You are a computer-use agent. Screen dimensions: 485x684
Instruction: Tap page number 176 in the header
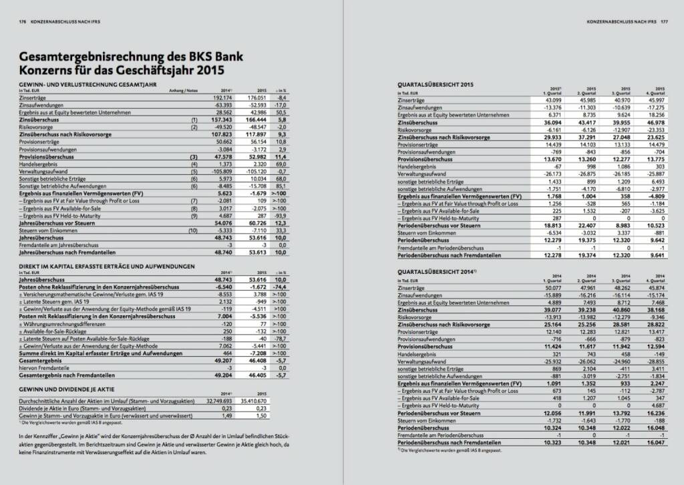tap(23, 21)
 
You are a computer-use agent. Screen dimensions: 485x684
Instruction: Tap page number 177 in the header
tap(664, 21)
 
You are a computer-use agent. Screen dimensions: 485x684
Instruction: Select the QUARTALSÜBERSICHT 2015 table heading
tap(435, 85)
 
